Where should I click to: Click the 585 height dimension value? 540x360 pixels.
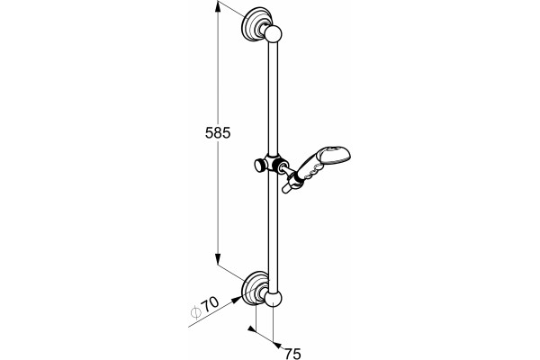coord(218,132)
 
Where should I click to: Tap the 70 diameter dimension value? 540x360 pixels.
coord(210,304)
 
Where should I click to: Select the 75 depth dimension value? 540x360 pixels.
coord(292,354)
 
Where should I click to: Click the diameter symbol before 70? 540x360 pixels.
coord(195,311)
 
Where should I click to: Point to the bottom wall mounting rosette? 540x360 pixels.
coord(254,288)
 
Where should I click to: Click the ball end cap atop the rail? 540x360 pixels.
coord(273,34)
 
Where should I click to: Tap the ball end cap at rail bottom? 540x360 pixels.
coord(273,298)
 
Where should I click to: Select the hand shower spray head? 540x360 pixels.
coord(333,155)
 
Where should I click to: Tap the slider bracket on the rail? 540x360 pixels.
coord(276,163)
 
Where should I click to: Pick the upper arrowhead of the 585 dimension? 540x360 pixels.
coord(218,7)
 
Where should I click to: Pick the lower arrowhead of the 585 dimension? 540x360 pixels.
coord(218,259)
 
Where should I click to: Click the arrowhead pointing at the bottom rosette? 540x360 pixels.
coord(236,300)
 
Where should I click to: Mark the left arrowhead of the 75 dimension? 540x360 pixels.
coord(251,329)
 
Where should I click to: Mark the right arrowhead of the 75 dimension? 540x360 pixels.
coord(277,345)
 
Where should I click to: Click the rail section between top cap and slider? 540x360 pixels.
coord(273,96)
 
